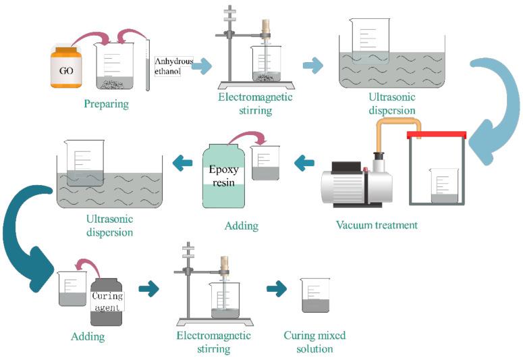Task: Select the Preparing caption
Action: click(106, 104)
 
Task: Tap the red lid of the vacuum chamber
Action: click(436, 134)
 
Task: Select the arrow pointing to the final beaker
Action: click(275, 289)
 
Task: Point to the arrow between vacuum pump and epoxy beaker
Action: click(305, 161)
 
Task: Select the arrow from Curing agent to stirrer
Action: click(148, 289)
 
